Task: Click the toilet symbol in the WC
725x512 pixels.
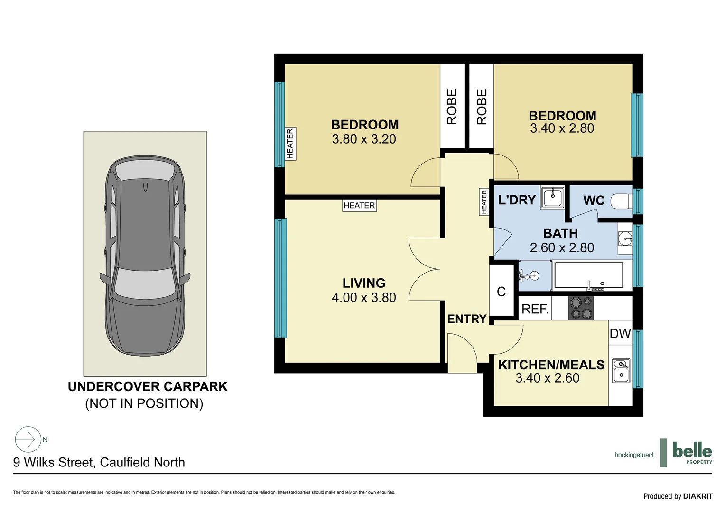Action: [622, 201]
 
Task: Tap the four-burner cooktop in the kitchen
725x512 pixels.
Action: [581, 308]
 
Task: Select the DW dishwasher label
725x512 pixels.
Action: [620, 333]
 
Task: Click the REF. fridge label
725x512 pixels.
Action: [535, 309]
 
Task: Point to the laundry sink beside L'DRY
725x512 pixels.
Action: [552, 197]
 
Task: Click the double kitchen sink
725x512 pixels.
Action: [621, 371]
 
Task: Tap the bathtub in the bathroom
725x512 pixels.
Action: [589, 275]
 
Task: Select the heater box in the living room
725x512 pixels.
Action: [359, 205]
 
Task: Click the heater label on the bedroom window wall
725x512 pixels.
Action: [290, 144]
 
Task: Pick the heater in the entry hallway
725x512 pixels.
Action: [484, 202]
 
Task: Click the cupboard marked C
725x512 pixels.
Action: [502, 291]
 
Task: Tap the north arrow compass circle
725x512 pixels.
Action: [28, 439]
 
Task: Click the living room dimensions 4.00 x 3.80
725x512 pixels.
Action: [364, 298]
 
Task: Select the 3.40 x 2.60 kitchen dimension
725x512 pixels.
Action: [548, 378]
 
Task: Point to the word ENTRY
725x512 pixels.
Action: [467, 319]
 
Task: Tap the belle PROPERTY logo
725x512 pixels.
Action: [692, 452]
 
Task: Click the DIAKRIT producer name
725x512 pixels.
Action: [698, 496]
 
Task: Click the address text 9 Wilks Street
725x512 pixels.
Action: [54, 463]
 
